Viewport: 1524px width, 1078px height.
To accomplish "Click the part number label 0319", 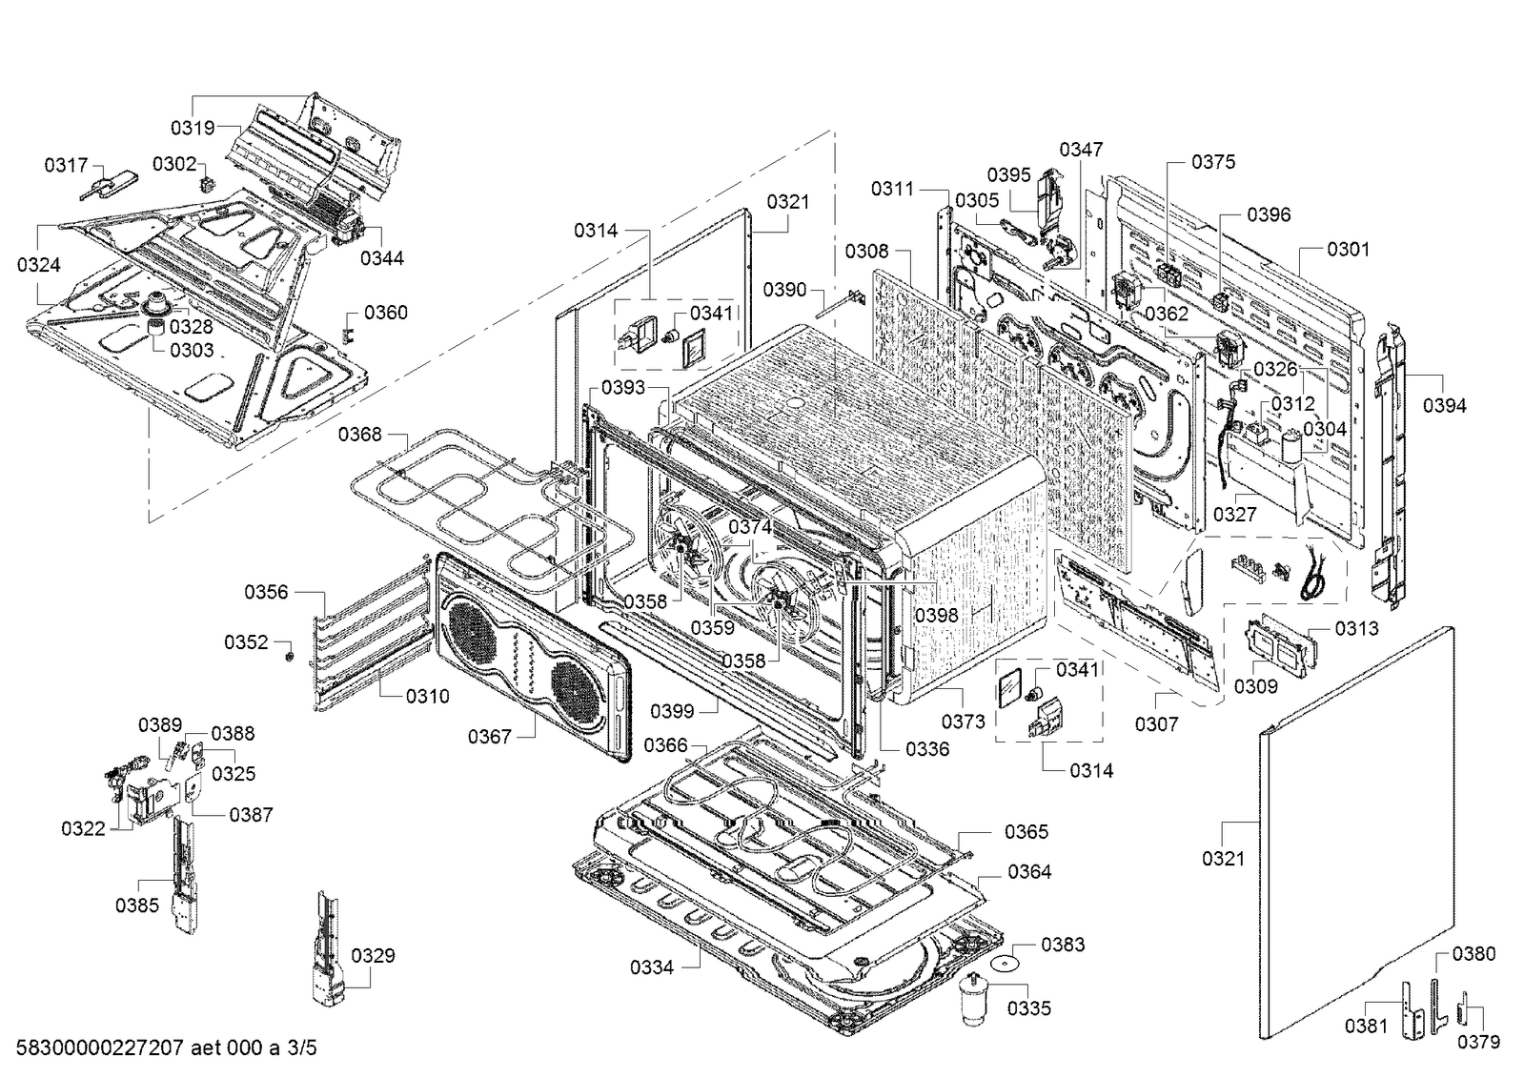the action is (193, 128).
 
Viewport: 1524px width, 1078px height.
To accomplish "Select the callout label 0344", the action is (381, 258).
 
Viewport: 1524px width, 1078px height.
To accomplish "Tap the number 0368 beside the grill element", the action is (360, 435).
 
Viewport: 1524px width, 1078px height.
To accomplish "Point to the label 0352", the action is (246, 642).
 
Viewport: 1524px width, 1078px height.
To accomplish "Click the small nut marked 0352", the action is (289, 656).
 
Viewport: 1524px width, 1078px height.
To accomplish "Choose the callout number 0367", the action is (490, 737).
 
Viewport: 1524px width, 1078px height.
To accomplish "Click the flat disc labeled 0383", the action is (1005, 964).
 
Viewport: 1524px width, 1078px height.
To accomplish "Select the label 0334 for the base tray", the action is (652, 967).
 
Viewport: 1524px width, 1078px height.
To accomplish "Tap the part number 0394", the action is (1444, 406).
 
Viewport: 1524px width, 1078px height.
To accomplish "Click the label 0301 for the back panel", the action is (1349, 250).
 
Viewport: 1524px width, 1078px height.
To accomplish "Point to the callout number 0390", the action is (784, 290).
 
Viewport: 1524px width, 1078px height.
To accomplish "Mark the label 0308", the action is (866, 252).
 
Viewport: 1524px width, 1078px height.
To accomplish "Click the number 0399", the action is (672, 712).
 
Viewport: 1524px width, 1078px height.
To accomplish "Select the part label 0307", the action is (1157, 724).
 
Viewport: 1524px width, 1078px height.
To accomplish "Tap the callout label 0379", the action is (1478, 1042).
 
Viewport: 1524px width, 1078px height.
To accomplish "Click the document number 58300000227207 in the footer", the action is (100, 1047).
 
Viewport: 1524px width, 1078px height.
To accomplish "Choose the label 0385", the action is (136, 905).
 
